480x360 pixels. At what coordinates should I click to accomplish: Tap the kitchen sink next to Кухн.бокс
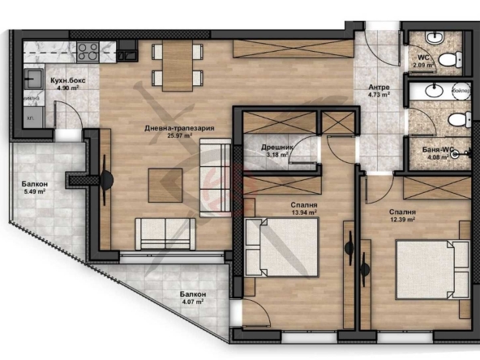click(x=34, y=79)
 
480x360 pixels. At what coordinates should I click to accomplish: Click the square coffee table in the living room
click(x=165, y=185)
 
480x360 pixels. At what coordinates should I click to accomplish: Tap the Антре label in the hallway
click(x=379, y=88)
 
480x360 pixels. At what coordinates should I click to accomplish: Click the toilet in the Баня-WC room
click(x=457, y=121)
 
